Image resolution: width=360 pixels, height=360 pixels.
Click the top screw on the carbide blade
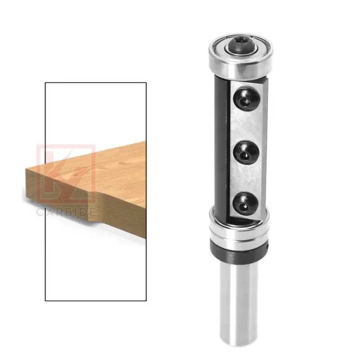[x=246, y=99]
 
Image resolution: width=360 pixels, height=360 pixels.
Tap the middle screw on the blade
[x=246, y=153]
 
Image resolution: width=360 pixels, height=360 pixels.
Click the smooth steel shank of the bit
[x=239, y=303]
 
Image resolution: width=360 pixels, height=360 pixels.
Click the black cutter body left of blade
[x=221, y=147]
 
